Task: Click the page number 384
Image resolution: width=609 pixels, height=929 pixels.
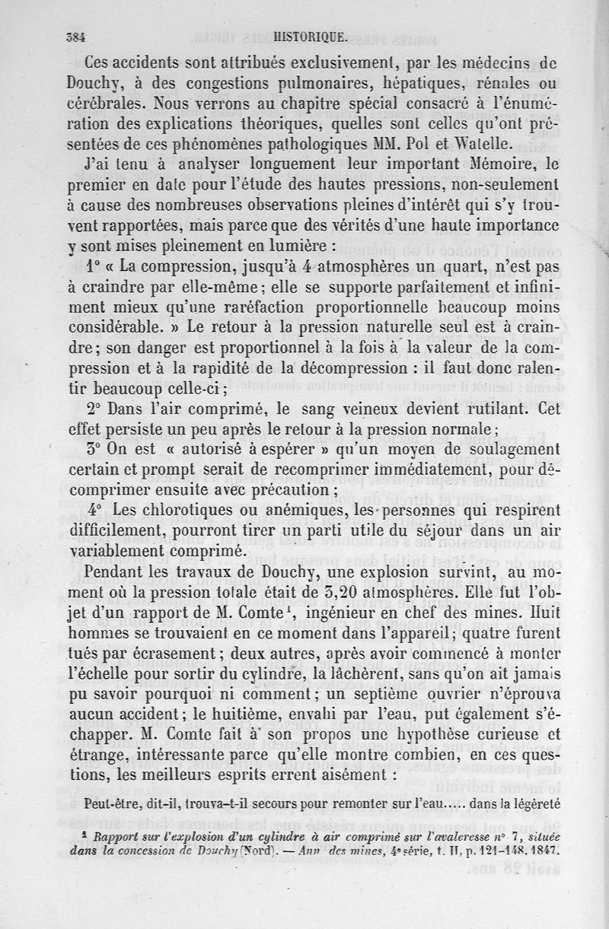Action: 75,35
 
